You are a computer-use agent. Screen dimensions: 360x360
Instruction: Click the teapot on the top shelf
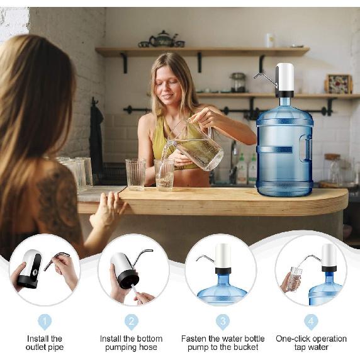coord(162,40)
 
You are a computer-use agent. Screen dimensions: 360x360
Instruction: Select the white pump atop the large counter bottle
coord(284,79)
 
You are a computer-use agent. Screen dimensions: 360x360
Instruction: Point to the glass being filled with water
coord(164,174)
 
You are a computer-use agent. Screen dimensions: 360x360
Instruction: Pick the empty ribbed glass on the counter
coord(135,174)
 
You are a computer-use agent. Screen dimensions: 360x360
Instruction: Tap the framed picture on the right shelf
coord(338,84)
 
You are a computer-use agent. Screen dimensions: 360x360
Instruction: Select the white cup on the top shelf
coord(270,40)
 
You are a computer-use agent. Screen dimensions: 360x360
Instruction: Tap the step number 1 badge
coord(44,322)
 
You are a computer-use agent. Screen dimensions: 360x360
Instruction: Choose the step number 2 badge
coord(132,322)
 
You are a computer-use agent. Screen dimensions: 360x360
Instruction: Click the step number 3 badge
coord(223,322)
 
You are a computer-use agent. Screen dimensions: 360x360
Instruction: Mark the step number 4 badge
coord(311,322)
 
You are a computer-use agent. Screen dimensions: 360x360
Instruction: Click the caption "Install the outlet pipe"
coord(44,343)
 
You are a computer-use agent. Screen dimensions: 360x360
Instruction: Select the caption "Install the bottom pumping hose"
coord(132,343)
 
